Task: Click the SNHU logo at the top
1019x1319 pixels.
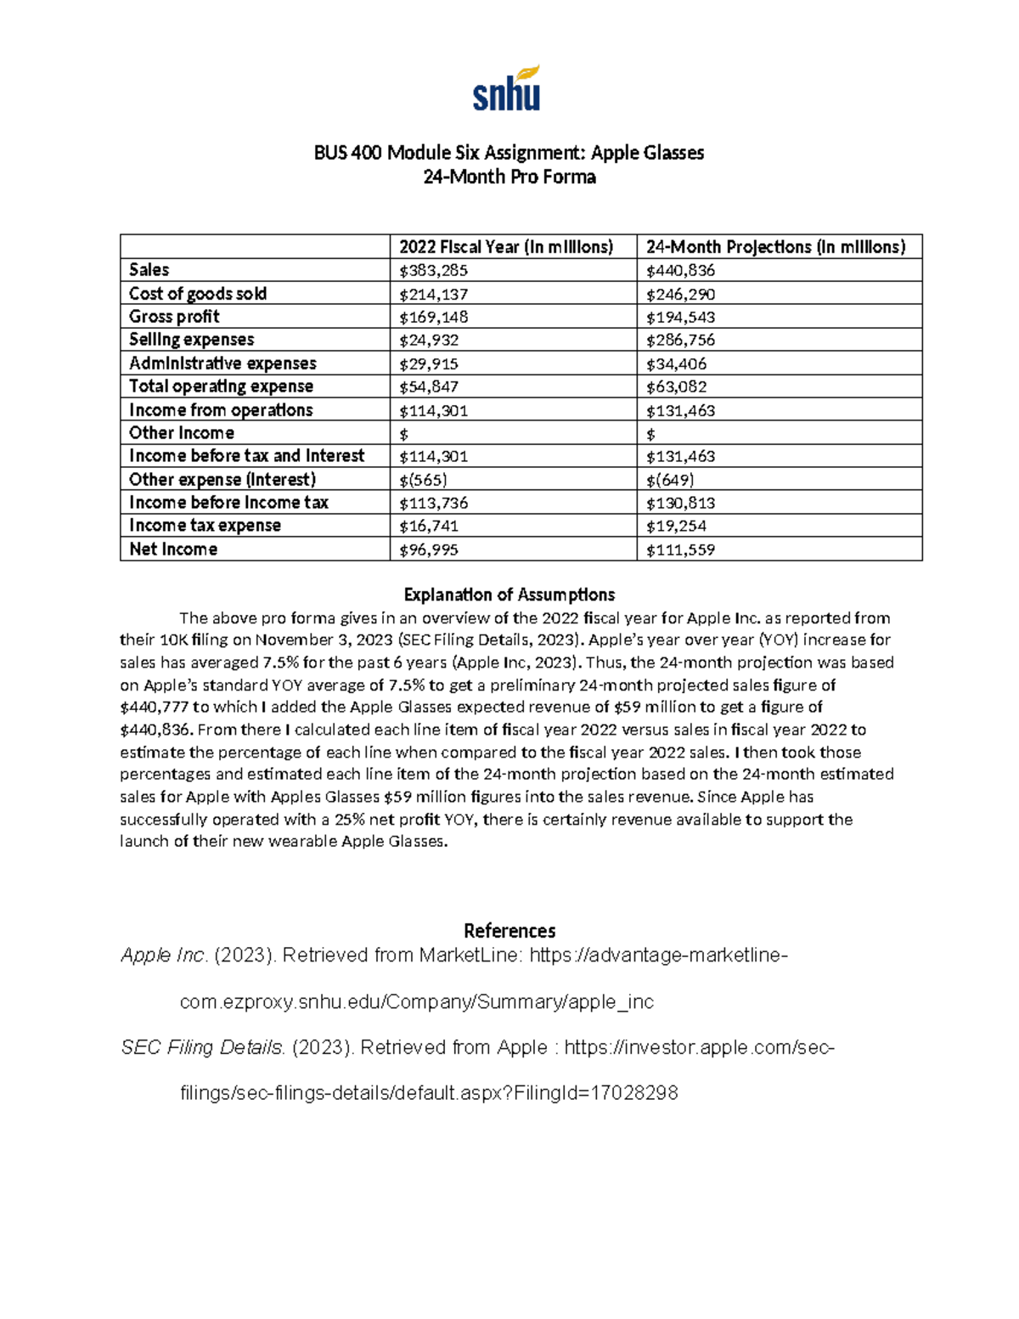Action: [507, 88]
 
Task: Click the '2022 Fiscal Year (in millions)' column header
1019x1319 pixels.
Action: [506, 247]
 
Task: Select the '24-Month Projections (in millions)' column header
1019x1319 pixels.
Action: [775, 247]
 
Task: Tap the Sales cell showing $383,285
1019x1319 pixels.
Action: [434, 271]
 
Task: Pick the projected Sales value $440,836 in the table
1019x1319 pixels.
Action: [680, 271]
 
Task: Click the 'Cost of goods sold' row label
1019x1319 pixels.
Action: [198, 294]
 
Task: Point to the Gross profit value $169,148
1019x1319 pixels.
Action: [434, 317]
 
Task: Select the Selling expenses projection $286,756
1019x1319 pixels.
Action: [680, 340]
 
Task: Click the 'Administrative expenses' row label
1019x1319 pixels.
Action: [222, 364]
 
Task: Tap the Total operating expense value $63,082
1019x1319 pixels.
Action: [676, 386]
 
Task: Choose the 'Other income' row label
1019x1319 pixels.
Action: [182, 433]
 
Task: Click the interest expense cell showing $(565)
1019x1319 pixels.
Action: [424, 479]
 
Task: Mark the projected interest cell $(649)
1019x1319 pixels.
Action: [670, 479]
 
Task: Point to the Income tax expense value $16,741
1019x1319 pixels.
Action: [430, 526]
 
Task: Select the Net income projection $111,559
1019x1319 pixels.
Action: [680, 550]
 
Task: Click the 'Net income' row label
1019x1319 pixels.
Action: [173, 550]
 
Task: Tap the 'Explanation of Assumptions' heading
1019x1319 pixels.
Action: [509, 595]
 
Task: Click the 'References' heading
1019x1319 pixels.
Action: [509, 931]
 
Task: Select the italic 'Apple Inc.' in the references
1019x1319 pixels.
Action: [164, 955]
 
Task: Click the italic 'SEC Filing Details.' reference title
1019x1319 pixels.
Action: [203, 1047]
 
